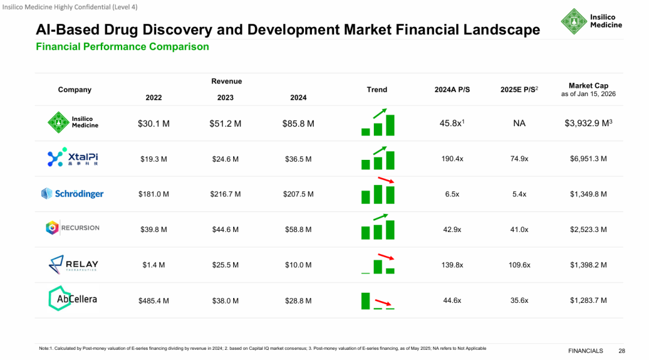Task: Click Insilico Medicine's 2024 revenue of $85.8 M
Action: pos(298,124)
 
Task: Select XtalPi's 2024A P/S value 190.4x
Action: pos(452,159)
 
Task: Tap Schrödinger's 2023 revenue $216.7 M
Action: pos(226,194)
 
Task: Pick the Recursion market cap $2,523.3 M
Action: pos(588,230)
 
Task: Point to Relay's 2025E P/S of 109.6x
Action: pos(519,265)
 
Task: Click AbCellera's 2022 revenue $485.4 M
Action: pos(154,301)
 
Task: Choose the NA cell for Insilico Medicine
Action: pos(519,124)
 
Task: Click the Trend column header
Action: pos(377,90)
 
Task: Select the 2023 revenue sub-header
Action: pos(225,97)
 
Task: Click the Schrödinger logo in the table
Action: pos(72,194)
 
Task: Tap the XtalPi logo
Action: pos(72,158)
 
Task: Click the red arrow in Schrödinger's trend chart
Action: pos(385,180)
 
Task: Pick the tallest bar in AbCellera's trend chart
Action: pos(365,301)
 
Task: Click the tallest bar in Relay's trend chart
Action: pos(378,266)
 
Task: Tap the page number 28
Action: pos(621,350)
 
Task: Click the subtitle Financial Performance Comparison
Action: pos(123,47)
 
